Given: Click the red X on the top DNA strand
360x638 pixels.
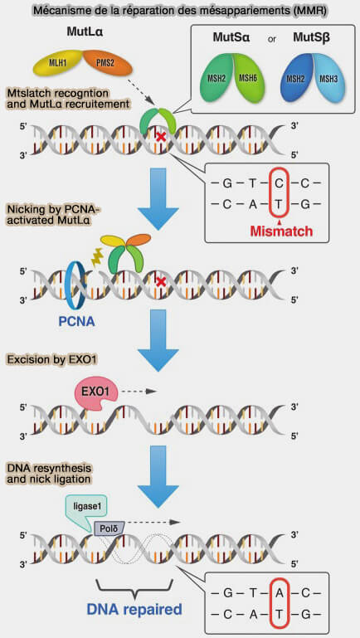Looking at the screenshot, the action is pyautogui.click(x=162, y=137).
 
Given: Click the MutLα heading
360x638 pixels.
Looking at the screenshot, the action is pyautogui.click(x=85, y=33).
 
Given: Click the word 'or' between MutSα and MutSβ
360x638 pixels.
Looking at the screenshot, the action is pyautogui.click(x=272, y=40).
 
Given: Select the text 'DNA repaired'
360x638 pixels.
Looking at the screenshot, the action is pyautogui.click(x=134, y=610).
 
